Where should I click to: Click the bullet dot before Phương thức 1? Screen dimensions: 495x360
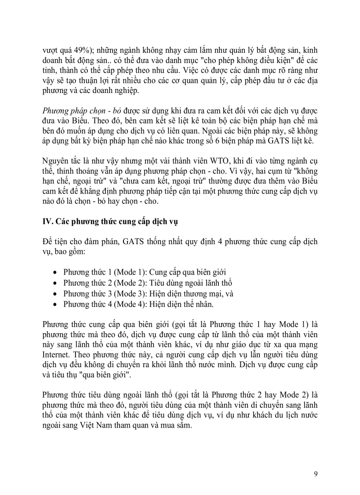tap(55, 272)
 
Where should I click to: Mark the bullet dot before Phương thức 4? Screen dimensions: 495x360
tap(55, 304)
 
